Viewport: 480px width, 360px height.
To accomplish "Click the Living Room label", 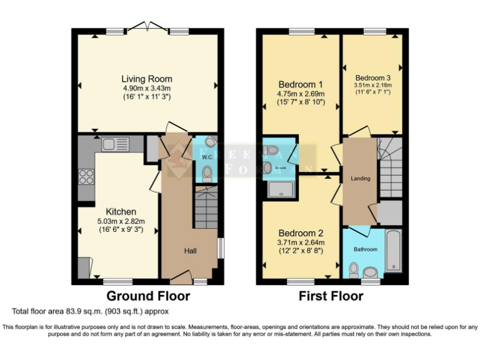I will click(146, 79).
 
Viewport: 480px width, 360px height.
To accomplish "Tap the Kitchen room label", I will click(121, 212).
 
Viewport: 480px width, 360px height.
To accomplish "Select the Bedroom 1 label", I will click(301, 85).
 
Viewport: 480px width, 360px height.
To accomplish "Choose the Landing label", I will click(360, 178).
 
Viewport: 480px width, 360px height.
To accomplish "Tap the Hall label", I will click(191, 251).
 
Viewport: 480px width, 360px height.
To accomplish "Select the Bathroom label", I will click(366, 249).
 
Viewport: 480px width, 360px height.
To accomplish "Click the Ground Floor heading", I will click(148, 296).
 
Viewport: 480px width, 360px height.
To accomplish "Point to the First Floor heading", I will click(331, 296).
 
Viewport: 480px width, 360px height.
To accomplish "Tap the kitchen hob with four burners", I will click(86, 176).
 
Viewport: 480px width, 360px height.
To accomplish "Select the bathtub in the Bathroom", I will click(393, 250).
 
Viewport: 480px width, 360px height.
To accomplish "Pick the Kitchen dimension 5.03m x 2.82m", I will click(121, 221).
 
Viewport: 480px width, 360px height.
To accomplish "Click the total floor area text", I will click(90, 311).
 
